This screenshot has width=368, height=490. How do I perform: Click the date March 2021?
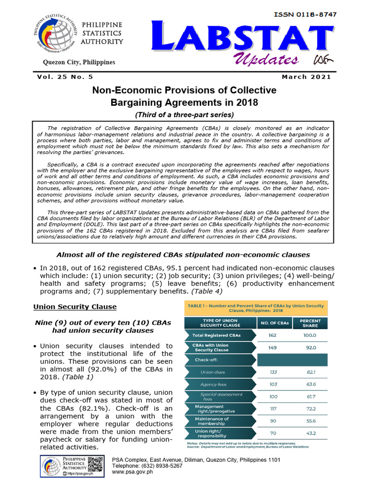point(306,77)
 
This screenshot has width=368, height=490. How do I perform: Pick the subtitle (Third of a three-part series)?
point(184,114)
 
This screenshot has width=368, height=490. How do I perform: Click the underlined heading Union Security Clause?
point(75,306)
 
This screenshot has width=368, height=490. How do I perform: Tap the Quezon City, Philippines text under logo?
point(79,62)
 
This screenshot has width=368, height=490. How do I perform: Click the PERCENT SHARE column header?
point(310,323)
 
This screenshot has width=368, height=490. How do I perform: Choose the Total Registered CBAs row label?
point(217,335)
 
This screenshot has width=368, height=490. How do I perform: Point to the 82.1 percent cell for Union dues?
point(310,372)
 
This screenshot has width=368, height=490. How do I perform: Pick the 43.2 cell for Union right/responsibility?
point(310,433)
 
